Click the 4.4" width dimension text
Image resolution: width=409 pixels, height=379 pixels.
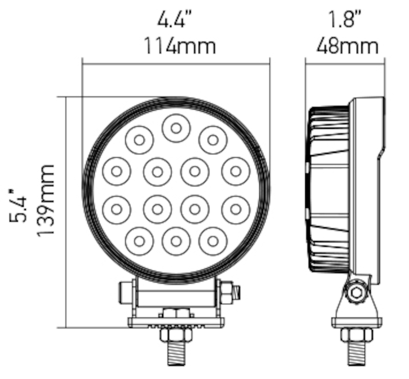(175, 20)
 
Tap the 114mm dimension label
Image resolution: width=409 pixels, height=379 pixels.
(178, 46)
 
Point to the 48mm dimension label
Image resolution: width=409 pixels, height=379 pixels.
(348, 46)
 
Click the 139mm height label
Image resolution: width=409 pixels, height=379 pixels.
(46, 199)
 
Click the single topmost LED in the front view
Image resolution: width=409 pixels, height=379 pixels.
(176, 128)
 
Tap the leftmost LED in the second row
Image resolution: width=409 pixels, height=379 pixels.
(117, 171)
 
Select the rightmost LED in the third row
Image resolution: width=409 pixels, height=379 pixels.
(235, 209)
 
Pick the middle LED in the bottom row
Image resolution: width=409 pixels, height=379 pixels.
(176, 241)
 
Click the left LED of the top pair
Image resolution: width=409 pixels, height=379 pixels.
(139, 139)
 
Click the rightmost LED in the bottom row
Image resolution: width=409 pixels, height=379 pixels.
(213, 241)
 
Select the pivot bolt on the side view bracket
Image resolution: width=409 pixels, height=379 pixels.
(357, 292)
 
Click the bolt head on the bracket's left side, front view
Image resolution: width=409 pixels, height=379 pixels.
(123, 292)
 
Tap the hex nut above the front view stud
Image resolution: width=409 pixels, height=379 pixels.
(176, 335)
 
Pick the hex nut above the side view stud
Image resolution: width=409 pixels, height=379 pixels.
(356, 335)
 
